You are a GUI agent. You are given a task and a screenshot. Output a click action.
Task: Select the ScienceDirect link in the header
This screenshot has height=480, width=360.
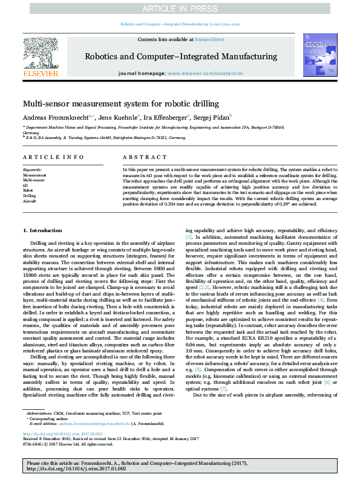pyautogui.click(x=211, y=39)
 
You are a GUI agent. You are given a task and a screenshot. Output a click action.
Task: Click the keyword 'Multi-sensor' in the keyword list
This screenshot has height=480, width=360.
pyautogui.click(x=34, y=180)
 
